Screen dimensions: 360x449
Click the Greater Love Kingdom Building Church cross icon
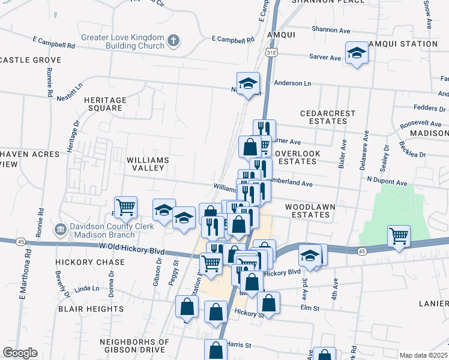(x=173, y=41)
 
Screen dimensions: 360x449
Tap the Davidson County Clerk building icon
(x=60, y=229)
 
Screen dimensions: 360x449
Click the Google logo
(x=20, y=353)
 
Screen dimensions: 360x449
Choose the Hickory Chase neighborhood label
(x=90, y=262)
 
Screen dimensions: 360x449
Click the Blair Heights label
(x=91, y=308)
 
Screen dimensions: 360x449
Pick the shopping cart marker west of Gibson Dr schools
(x=125, y=207)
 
